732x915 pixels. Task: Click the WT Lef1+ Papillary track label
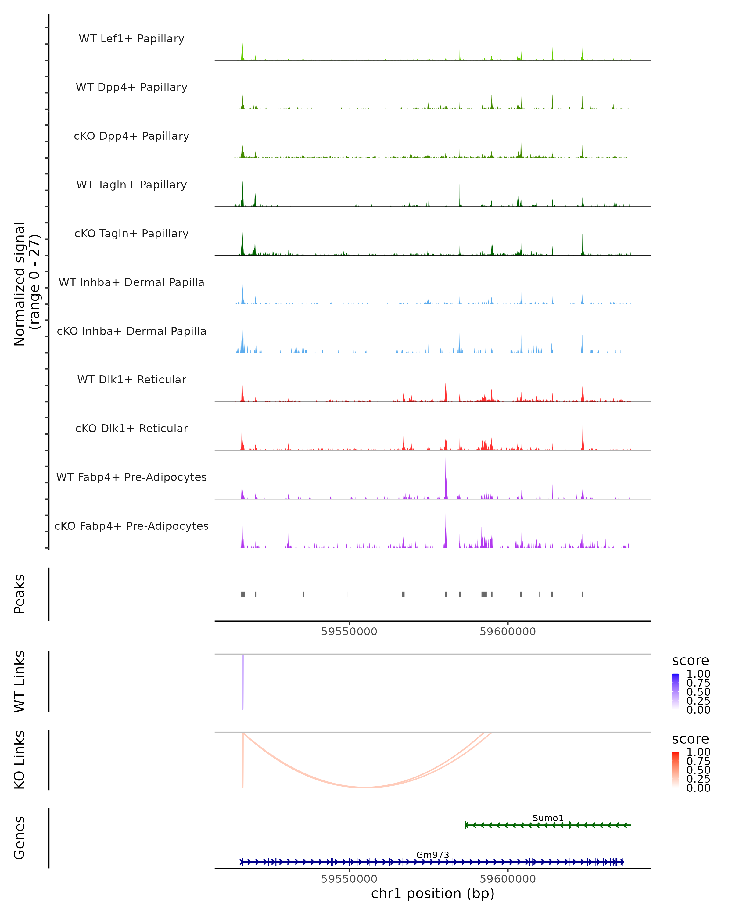[131, 39]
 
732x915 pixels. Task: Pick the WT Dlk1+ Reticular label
[131, 379]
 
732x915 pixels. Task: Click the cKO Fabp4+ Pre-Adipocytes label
[131, 526]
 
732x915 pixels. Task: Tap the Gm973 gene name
[432, 855]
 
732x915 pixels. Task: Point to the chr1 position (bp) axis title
[432, 893]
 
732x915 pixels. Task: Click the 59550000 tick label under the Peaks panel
[349, 632]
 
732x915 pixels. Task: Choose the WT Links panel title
[20, 682]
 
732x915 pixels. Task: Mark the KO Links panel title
[20, 760]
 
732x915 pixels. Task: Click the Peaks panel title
[20, 594]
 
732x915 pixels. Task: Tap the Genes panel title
[20, 838]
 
